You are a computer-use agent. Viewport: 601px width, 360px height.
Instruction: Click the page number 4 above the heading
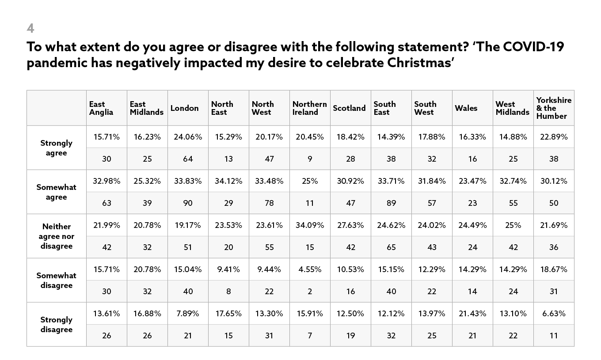(30, 28)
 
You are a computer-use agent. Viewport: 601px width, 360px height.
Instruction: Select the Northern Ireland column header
(309, 108)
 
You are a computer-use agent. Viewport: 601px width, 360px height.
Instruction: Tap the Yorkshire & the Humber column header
(553, 108)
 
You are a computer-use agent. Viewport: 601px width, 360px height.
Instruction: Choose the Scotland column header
(349, 108)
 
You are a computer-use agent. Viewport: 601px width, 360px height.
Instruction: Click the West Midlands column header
(512, 108)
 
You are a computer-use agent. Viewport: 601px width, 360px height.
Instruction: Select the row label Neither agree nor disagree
(57, 236)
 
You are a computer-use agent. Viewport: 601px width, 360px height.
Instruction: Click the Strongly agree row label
(57, 148)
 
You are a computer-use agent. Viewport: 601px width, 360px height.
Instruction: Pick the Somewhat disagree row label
(57, 280)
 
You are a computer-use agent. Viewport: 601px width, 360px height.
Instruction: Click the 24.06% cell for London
(188, 137)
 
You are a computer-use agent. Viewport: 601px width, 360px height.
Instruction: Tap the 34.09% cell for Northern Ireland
(310, 225)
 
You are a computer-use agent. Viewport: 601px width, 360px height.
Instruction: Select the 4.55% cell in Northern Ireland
(310, 269)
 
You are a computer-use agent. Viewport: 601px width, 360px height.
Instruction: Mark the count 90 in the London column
(188, 203)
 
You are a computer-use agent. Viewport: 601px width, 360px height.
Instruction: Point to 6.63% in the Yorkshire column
(554, 314)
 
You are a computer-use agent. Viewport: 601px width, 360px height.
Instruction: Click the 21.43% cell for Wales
(472, 314)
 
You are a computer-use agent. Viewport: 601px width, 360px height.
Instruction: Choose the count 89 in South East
(391, 203)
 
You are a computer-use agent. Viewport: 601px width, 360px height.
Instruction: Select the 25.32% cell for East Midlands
(147, 181)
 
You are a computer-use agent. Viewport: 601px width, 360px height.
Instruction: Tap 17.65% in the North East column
(228, 314)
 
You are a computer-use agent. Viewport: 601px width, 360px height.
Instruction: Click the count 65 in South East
(391, 247)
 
